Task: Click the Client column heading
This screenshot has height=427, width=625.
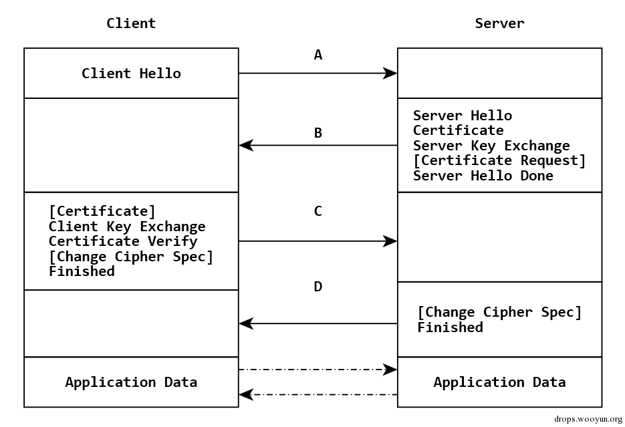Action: pyautogui.click(x=131, y=23)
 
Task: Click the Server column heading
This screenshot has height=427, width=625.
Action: pyautogui.click(x=499, y=23)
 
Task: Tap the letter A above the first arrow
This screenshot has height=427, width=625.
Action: pyautogui.click(x=318, y=55)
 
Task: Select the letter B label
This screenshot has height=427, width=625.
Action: pyautogui.click(x=318, y=132)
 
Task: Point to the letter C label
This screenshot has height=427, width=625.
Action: pyautogui.click(x=318, y=211)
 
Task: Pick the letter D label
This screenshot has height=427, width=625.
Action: pyautogui.click(x=318, y=287)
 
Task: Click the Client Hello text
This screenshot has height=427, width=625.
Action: pyautogui.click(x=131, y=74)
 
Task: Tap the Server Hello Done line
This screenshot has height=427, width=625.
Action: pyautogui.click(x=483, y=176)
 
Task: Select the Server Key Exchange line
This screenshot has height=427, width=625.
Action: pyautogui.click(x=491, y=146)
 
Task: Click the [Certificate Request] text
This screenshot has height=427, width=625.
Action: pyautogui.click(x=499, y=160)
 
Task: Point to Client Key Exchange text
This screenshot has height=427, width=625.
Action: pyautogui.click(x=127, y=227)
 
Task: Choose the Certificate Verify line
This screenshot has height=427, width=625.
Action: pyautogui.click(x=123, y=241)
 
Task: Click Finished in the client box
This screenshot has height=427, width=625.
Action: pyautogui.click(x=82, y=271)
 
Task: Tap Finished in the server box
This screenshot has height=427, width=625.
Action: pyautogui.click(x=451, y=327)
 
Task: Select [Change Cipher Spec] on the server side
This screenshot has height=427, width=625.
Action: pyautogui.click(x=499, y=312)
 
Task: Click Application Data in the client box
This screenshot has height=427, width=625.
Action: pyautogui.click(x=131, y=382)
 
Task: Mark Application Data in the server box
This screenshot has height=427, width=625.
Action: pyautogui.click(x=499, y=382)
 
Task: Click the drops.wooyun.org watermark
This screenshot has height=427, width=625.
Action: pyautogui.click(x=588, y=419)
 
